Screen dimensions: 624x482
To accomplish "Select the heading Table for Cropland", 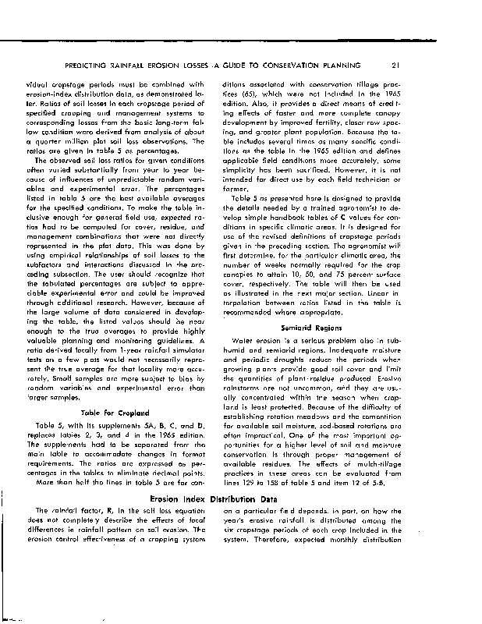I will click(x=115, y=412).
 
